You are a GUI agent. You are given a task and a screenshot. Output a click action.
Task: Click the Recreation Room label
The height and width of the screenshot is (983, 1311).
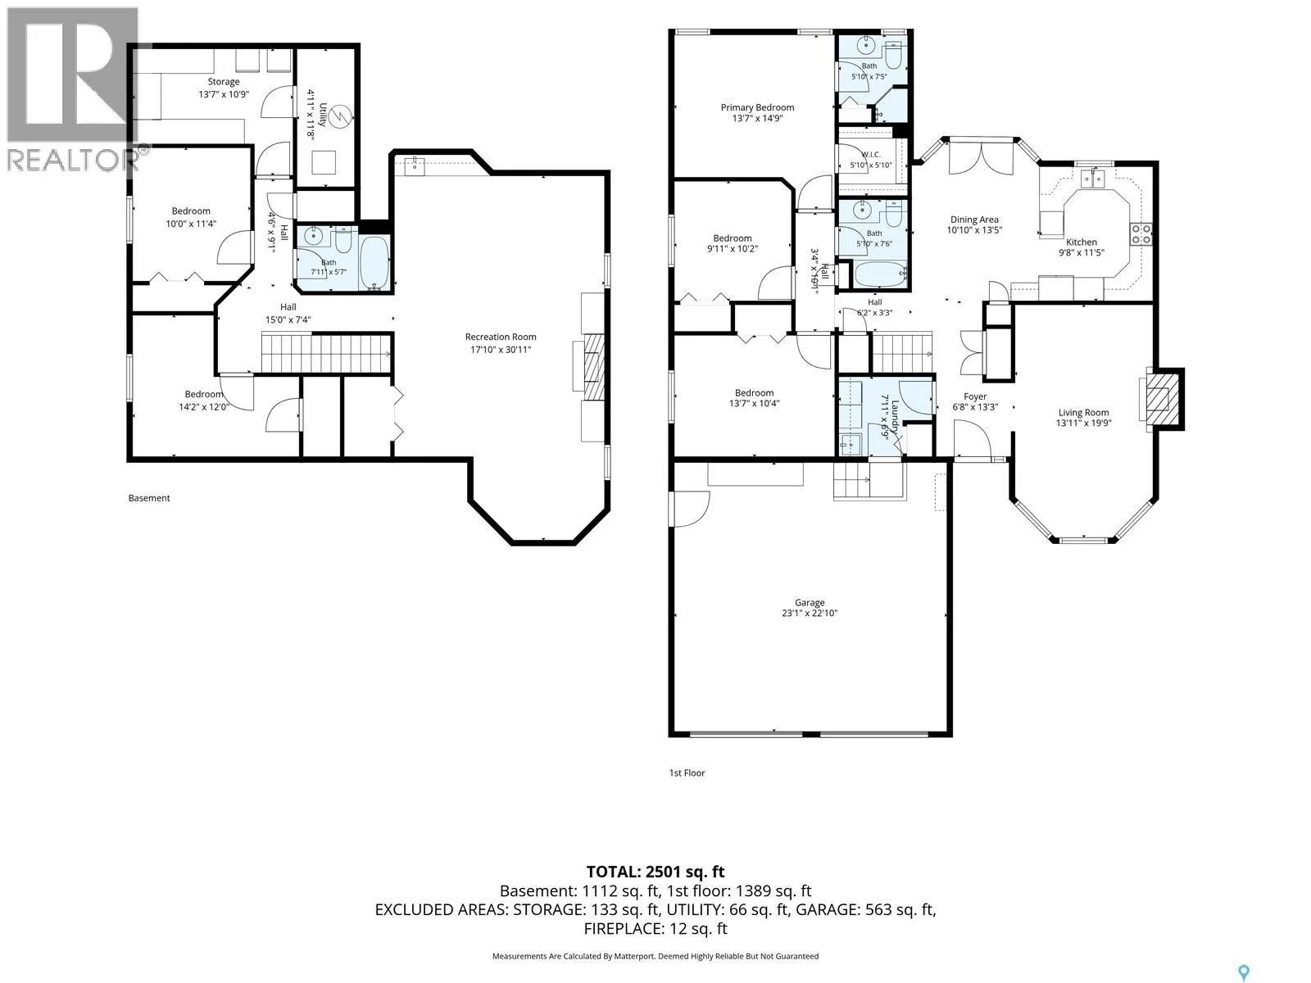[501, 337]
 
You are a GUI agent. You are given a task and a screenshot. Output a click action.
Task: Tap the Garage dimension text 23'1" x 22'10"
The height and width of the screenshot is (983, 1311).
[810, 613]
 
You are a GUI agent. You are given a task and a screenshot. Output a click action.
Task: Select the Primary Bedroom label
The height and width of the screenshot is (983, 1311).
[757, 107]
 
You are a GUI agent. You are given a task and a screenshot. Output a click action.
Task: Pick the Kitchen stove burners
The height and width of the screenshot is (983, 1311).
[1141, 234]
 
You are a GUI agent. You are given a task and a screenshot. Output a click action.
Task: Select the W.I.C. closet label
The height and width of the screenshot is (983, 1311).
[871, 155]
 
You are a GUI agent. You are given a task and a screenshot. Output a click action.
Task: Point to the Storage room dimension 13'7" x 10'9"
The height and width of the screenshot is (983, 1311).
[224, 94]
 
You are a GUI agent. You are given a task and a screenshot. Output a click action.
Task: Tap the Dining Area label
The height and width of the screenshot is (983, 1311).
[974, 220]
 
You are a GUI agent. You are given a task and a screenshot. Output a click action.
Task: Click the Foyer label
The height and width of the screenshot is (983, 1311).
[975, 396]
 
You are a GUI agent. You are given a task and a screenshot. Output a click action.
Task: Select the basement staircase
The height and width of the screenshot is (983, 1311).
[326, 353]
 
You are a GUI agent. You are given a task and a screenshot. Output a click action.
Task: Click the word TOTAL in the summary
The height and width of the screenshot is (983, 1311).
[613, 872]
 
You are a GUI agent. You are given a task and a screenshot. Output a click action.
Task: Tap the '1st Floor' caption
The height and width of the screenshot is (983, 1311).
[687, 773]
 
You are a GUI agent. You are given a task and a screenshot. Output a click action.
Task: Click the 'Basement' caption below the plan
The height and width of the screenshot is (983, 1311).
[149, 498]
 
